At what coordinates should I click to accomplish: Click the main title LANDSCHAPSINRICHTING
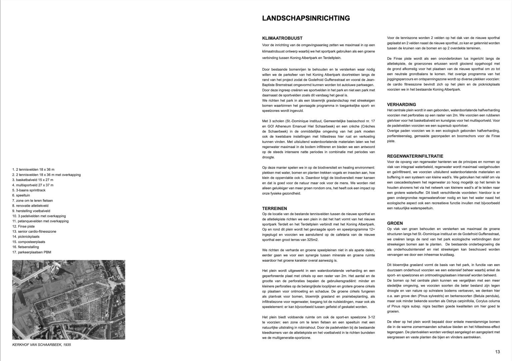tap(306, 18)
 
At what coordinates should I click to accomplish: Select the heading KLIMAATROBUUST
tap(282, 38)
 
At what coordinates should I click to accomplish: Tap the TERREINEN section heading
tap(275, 208)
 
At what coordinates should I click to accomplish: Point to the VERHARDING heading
tap(401, 104)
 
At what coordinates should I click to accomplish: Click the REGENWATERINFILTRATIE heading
tap(415, 156)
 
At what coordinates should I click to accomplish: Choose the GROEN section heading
tap(395, 223)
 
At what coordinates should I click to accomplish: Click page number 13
tap(497, 351)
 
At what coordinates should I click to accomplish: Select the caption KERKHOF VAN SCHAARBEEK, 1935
tap(41, 345)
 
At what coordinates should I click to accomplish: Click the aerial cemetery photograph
tap(69, 300)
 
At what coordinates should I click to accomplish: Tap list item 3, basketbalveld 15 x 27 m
tap(33, 180)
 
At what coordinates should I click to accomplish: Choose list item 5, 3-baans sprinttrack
tap(29, 190)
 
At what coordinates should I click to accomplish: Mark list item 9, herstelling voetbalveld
tap(31, 211)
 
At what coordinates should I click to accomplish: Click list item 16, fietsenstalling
tap(25, 247)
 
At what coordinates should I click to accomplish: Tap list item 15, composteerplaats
tap(29, 242)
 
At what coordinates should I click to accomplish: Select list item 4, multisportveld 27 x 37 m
tap(33, 185)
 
